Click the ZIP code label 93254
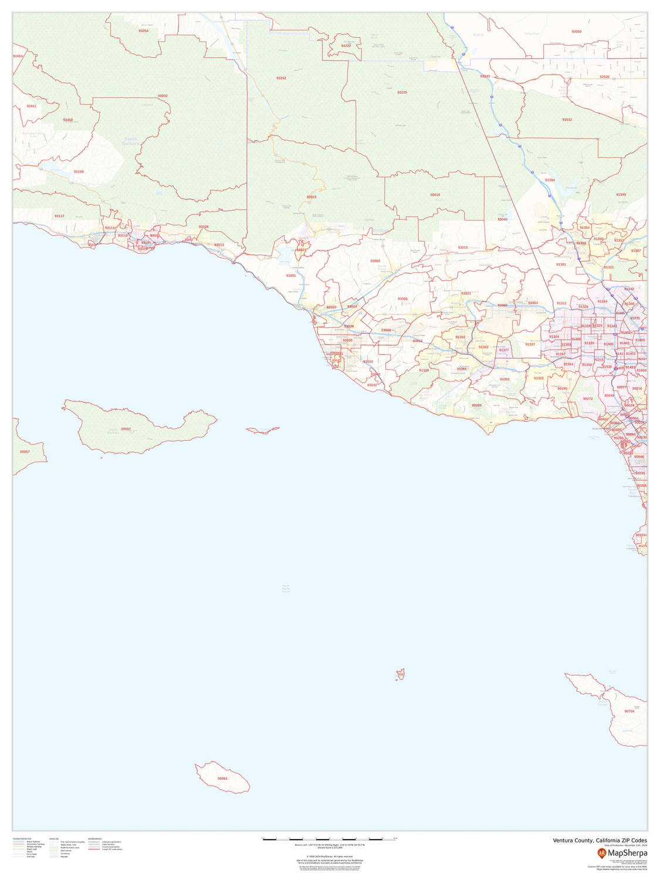pos(143,31)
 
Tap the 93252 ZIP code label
pos(281,78)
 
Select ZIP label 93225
pos(402,93)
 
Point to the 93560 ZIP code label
pos(576,31)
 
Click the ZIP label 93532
pos(567,120)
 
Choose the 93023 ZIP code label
pos(312,197)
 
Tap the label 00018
pos(435,194)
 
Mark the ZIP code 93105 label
pos(79,172)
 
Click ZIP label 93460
pos(68,120)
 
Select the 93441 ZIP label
pos(31,106)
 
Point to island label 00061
pos(222,779)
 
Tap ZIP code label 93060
pos(375,260)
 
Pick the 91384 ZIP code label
pos(550,180)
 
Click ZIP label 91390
pos(621,194)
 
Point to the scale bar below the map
pos(329,839)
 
